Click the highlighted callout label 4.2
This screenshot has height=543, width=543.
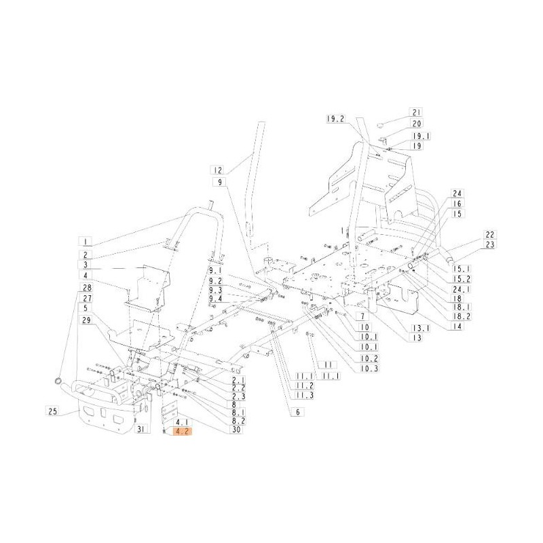[x=182, y=432]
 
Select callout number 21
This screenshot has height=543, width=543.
[x=416, y=113]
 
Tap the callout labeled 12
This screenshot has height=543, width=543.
[x=217, y=170]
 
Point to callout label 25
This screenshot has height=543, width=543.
[x=53, y=411]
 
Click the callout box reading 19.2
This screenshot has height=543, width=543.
[x=335, y=119]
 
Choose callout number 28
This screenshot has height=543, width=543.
[x=87, y=287]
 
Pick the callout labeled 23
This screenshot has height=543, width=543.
[x=489, y=244]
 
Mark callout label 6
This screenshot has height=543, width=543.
[x=297, y=412]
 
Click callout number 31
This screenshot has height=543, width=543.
[x=141, y=430]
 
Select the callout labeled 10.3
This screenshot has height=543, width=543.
[x=369, y=368]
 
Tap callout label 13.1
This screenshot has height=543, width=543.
[x=419, y=328]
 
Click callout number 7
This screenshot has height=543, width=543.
[x=362, y=316]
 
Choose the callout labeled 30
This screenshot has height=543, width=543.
[x=238, y=430]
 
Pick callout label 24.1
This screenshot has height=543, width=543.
[x=462, y=288]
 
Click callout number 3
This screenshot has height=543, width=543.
[x=86, y=265]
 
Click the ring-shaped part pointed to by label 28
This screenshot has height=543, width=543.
[x=57, y=382]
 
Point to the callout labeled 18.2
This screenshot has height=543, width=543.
[x=462, y=316]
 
